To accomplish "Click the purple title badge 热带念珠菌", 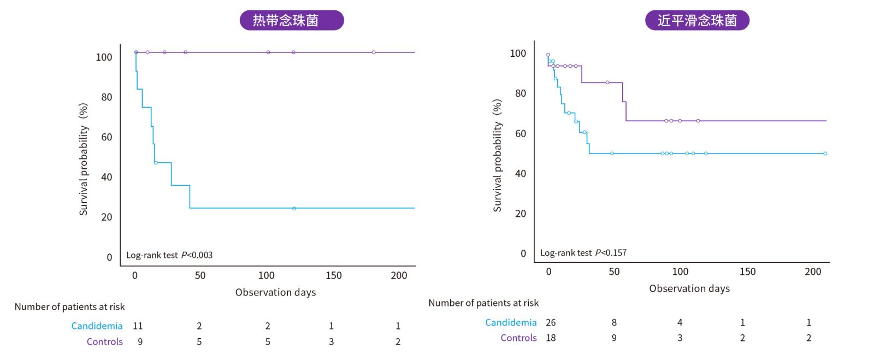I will click(x=292, y=20).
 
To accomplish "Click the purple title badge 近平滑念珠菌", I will click(x=697, y=20).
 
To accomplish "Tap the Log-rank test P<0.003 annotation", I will click(x=169, y=255).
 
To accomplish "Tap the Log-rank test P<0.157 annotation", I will click(x=583, y=253).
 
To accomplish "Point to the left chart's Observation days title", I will click(x=275, y=292).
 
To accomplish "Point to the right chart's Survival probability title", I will click(x=497, y=156).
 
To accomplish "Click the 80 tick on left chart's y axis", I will click(x=107, y=97).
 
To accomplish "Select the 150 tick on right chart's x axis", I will click(x=747, y=272).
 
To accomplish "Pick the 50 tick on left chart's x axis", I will click(x=200, y=275).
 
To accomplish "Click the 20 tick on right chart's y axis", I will click(x=521, y=214).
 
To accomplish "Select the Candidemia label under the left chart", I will click(x=97, y=326).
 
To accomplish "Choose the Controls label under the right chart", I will click(x=518, y=338).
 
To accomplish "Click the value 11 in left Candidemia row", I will click(x=138, y=326).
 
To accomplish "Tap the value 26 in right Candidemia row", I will click(x=551, y=323).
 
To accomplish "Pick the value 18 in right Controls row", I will click(x=551, y=338).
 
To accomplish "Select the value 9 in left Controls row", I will click(x=140, y=342).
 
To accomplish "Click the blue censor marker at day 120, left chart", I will click(x=294, y=209).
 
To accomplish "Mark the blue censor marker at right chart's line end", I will click(x=825, y=154).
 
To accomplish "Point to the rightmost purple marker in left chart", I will click(x=374, y=52).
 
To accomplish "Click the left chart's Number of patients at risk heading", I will click(x=70, y=307).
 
